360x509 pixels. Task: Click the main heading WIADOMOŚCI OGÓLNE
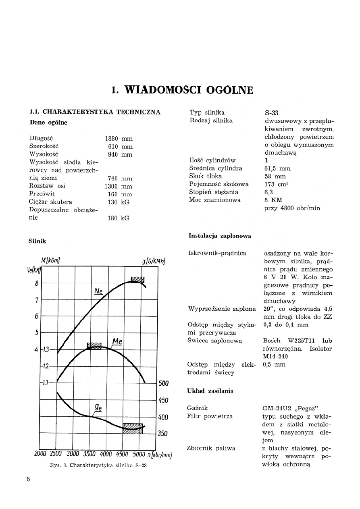[x=183, y=89]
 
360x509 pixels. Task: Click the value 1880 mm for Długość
[x=119, y=138]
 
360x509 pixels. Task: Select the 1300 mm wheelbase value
[x=119, y=186]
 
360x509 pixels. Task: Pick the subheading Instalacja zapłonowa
[x=220, y=236]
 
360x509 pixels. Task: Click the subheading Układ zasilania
[x=210, y=391]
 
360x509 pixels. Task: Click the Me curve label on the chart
[x=117, y=341]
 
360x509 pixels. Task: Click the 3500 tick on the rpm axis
[x=89, y=454]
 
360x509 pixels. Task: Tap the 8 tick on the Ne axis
[x=36, y=283]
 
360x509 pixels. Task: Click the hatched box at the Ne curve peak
[x=137, y=280]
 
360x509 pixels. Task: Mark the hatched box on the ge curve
[x=133, y=428]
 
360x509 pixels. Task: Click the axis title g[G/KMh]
[x=154, y=261]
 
